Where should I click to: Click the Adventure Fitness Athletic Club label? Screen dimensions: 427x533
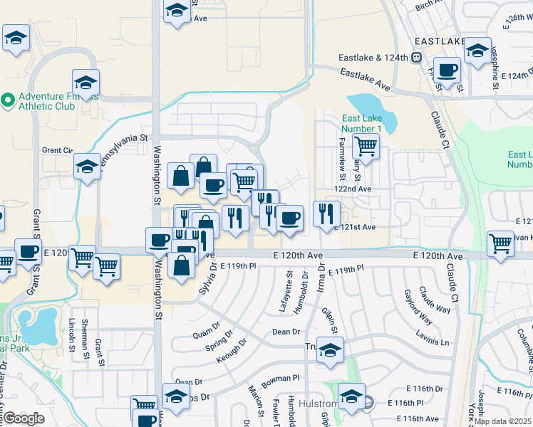[47, 101]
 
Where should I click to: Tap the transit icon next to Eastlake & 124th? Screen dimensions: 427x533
[415, 58]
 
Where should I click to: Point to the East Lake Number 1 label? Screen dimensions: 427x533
[361, 122]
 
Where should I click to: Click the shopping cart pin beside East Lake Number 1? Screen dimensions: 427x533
[366, 147]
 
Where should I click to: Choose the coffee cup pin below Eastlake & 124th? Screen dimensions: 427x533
[447, 70]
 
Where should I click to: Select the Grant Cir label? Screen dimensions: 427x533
[58, 150]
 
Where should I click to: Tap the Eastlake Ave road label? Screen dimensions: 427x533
[365, 78]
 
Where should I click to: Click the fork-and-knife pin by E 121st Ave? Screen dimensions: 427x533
[326, 213]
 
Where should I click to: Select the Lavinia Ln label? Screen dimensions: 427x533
[434, 342]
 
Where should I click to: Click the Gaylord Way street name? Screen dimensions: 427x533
[418, 306]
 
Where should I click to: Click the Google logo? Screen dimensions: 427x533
[23, 419]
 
